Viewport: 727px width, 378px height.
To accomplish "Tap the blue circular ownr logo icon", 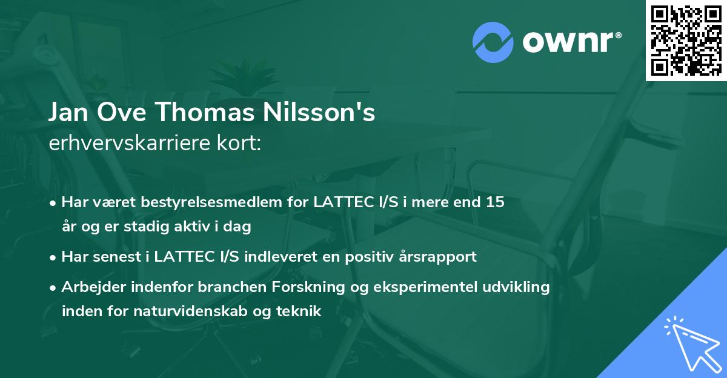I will [x=493, y=42].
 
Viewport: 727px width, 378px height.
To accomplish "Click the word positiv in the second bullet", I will [x=365, y=256].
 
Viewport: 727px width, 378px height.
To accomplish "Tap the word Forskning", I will [x=311, y=287].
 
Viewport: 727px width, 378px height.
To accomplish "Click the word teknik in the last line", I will [x=299, y=311].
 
